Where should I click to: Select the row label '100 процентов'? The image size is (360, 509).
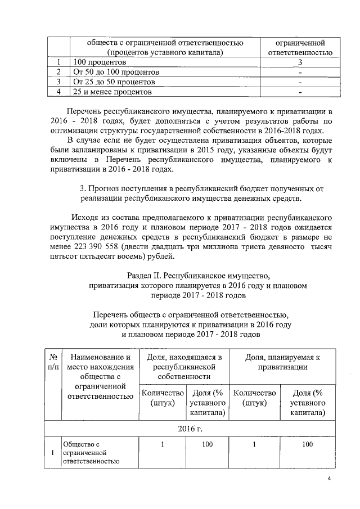[98, 62]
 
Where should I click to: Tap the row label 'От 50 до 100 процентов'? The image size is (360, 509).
[116, 73]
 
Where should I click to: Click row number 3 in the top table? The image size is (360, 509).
[58, 82]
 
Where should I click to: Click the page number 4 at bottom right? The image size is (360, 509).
[330, 479]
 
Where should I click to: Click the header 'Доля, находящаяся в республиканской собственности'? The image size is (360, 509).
[184, 367]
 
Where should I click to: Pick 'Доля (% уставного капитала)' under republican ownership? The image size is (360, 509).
[208, 403]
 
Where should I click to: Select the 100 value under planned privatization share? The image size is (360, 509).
[307, 444]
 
